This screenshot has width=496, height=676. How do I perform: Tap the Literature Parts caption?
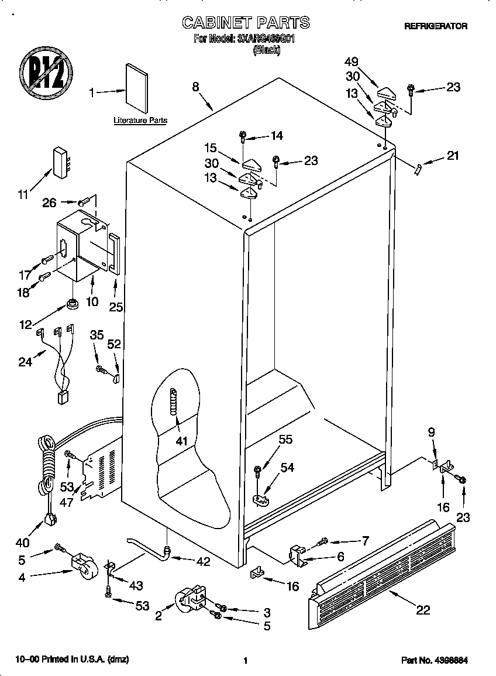[x=140, y=121]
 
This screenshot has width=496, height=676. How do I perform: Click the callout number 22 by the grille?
[x=422, y=610]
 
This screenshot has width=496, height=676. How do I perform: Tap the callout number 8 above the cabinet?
[x=196, y=87]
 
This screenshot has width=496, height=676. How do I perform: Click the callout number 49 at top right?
[x=352, y=61]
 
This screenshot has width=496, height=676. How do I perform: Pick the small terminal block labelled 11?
[x=61, y=161]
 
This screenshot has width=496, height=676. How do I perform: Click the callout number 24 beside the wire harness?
[x=26, y=362]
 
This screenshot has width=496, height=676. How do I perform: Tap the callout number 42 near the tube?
[x=203, y=562]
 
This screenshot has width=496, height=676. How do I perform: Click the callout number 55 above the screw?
[x=285, y=439]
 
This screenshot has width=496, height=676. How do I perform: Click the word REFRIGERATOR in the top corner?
[x=435, y=26]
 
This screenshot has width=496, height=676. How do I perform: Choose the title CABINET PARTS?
[x=246, y=23]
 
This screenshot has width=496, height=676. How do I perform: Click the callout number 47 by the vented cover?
[x=66, y=502]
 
